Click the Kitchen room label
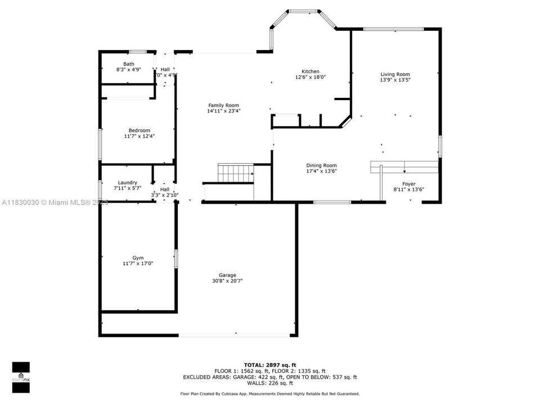pos(310,71)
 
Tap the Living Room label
pos(395,74)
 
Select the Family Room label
pos(223,105)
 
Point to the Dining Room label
pos(321,165)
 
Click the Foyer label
pos(408,184)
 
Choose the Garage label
pos(227,275)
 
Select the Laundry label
pos(127,183)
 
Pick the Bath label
pos(129,64)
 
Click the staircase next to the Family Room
pos(235,173)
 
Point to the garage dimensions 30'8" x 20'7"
pos(227,281)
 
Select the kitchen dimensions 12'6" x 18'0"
pos(310,78)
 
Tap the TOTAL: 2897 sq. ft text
pos(269,365)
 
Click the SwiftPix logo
pos(21,373)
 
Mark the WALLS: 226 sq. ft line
pos(269,383)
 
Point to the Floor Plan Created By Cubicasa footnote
pos(269,394)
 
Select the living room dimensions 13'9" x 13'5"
pos(395,80)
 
